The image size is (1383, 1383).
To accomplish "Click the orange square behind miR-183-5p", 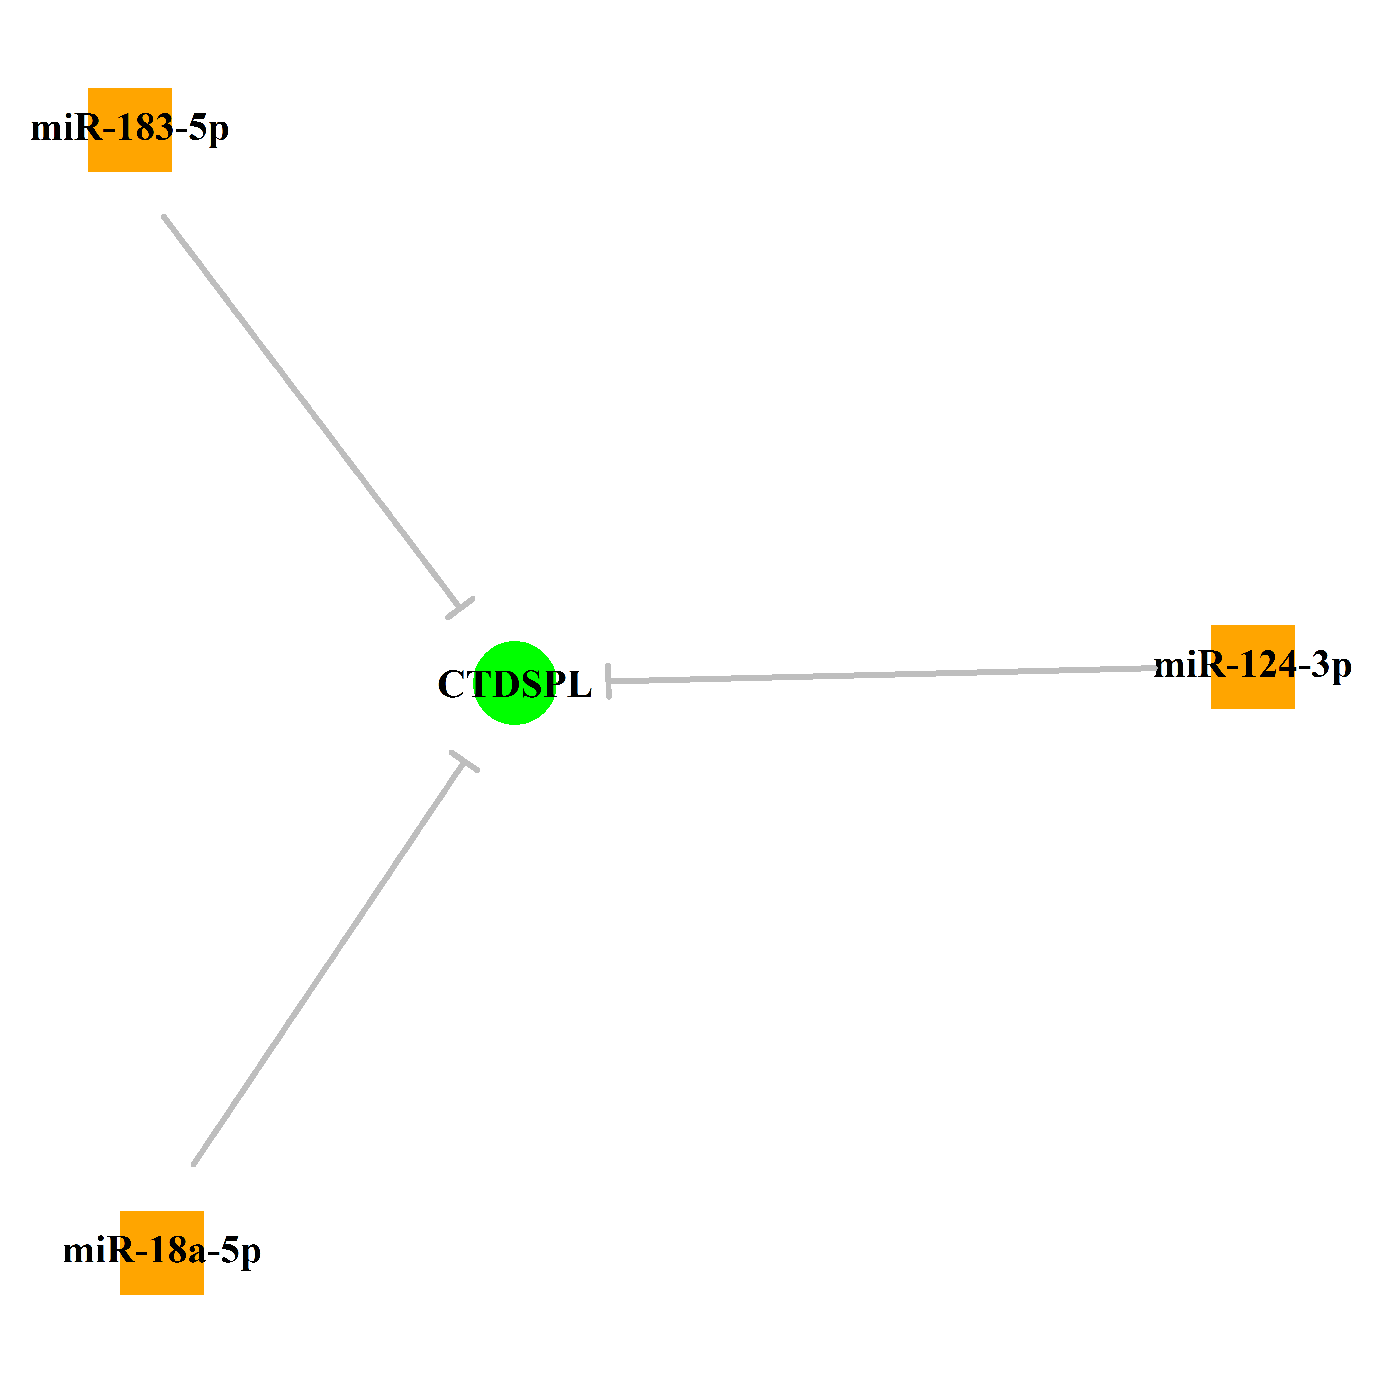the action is point(129,129).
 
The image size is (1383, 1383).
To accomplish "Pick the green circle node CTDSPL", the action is point(515,683).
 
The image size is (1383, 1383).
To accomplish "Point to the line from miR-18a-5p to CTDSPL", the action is point(329,964).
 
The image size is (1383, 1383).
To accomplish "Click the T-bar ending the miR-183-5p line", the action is point(460,608).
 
